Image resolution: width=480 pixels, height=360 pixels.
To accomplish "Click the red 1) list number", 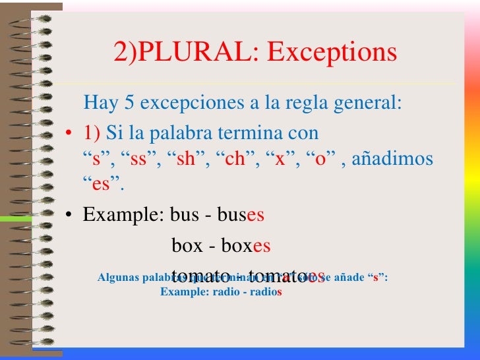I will (x=92, y=133).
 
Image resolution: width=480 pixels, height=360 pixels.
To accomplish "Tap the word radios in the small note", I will (x=264, y=291).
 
